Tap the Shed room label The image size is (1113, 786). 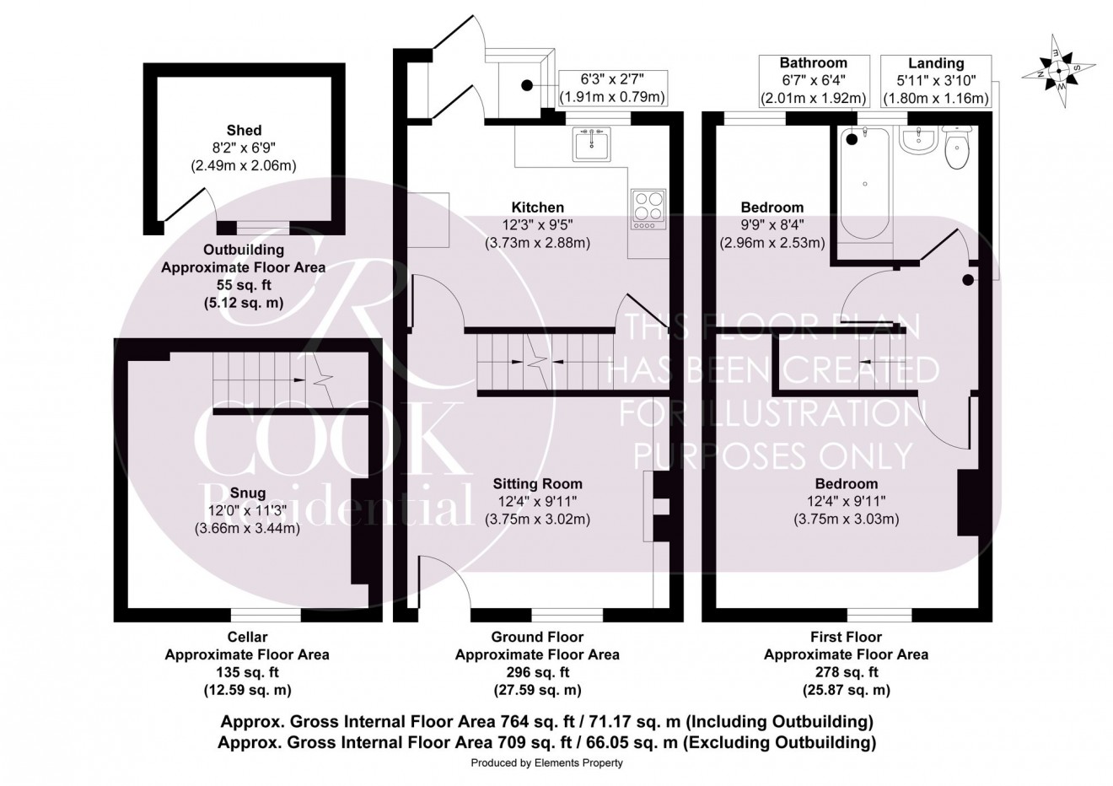pos(244,131)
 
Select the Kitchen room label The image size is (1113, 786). pos(537,207)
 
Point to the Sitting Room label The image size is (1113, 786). pos(537,484)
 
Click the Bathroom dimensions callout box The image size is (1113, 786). pos(813,81)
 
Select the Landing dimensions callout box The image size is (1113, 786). pos(935,81)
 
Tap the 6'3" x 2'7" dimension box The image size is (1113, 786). pos(613,88)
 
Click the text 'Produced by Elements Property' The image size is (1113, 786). pos(546,763)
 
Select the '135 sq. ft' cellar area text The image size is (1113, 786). pos(247,672)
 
